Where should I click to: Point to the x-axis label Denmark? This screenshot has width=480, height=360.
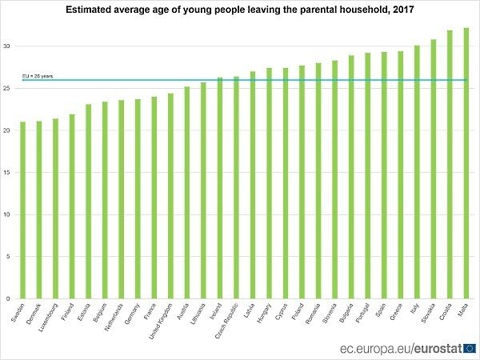point(35,312)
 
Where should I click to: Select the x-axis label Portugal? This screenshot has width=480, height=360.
point(364,313)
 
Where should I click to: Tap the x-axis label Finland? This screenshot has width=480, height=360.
point(69,311)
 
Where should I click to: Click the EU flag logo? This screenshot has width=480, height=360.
point(469,348)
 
